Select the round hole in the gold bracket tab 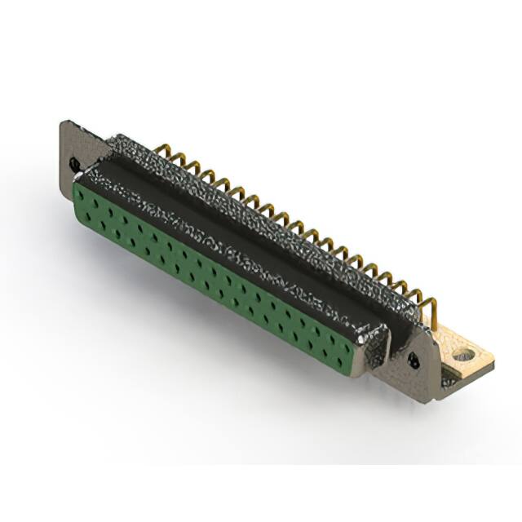(x=463, y=355)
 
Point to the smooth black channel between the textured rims (x=245, y=228)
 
